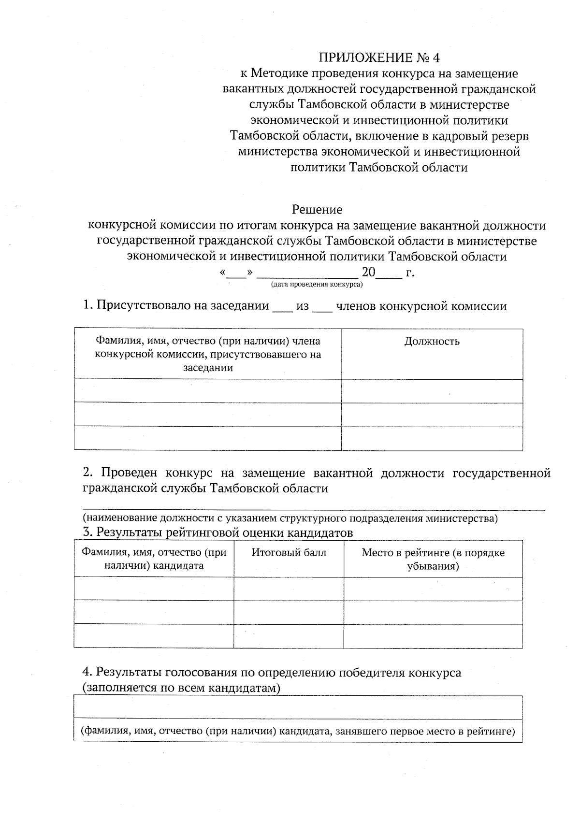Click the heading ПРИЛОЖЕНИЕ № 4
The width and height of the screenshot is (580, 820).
379,58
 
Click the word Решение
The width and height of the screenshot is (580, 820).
317,209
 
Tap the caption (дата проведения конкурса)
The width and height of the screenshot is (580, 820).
317,285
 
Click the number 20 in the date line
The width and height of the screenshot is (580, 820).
368,273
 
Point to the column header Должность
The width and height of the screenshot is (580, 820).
432,342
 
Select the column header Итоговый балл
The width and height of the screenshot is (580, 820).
289,552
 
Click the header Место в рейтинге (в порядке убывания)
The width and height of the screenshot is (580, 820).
433,559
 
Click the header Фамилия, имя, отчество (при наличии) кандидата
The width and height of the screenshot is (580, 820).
154,559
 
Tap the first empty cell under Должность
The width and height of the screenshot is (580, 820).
432,391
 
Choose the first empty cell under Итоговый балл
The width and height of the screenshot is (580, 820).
289,589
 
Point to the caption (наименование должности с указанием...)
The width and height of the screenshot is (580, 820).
290,518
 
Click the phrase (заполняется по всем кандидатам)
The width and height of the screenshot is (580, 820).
181,688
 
